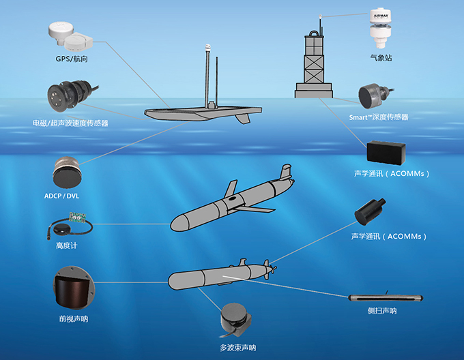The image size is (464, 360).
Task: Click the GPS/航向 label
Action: coord(72,59)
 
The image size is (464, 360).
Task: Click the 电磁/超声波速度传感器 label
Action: coord(70,123)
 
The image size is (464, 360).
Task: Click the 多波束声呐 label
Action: coord(237,348)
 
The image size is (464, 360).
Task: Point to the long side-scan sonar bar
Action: coord(386,298)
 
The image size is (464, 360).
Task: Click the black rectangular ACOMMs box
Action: coord(387,153)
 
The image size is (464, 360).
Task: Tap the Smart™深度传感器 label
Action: coord(379,117)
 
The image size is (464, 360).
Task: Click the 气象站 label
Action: coord(380,59)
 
